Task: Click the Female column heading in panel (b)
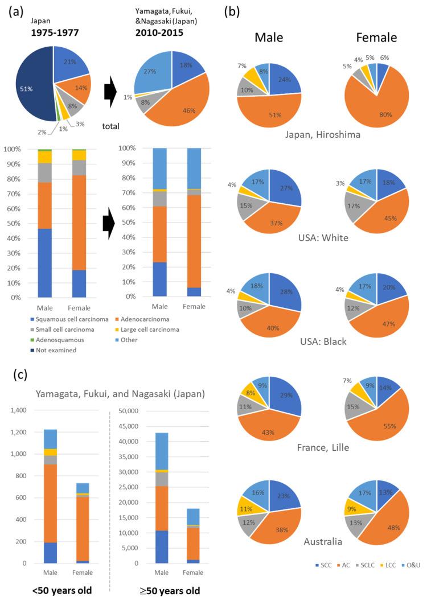(375, 39)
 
